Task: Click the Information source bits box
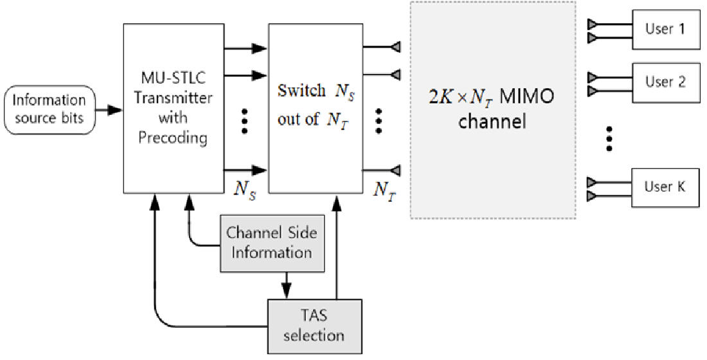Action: pyautogui.click(x=49, y=109)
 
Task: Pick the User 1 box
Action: pyautogui.click(x=665, y=30)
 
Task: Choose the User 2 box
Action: pyautogui.click(x=665, y=82)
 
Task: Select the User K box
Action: pyautogui.click(x=665, y=187)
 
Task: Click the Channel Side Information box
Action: pyautogui.click(x=271, y=242)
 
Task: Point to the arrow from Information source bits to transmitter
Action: pyautogui.click(x=109, y=110)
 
